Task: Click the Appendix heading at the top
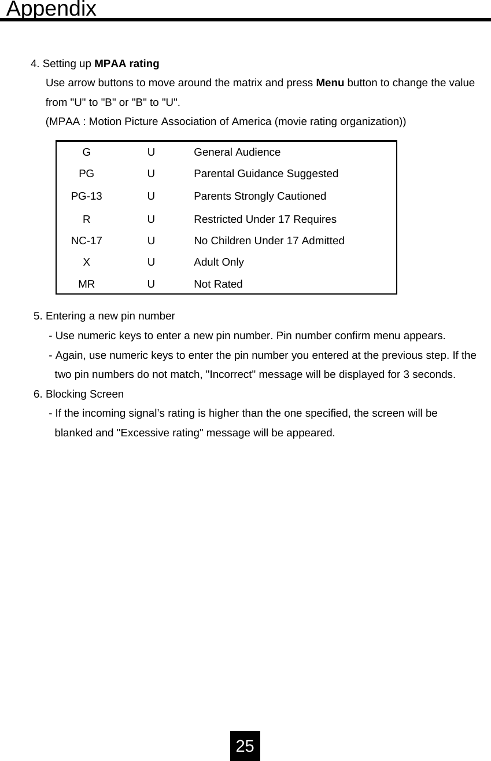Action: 51,9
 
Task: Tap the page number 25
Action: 245,746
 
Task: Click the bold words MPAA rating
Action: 127,64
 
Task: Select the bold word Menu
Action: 330,83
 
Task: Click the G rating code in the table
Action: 86,152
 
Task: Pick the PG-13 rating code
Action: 86,196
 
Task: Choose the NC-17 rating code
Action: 86,241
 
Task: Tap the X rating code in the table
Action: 86,262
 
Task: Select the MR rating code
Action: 86,284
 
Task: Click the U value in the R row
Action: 151,219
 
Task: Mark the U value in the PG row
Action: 151,174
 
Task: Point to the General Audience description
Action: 237,152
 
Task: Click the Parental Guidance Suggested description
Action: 266,174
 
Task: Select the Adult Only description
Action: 219,262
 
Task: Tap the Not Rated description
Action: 218,284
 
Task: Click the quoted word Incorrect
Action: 231,374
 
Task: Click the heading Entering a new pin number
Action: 110,316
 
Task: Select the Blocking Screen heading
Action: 84,394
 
